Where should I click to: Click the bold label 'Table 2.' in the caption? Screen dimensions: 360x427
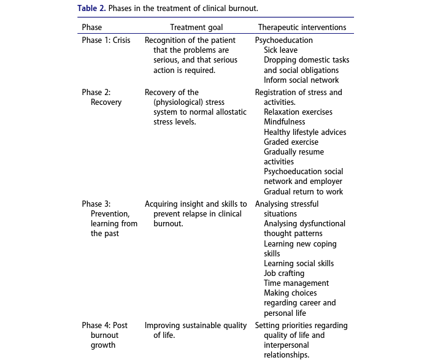pos(91,9)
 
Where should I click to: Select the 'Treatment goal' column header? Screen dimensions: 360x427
pos(196,28)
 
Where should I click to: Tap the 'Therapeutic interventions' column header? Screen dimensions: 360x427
pos(302,28)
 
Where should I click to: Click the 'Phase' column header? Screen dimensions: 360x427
pos(92,28)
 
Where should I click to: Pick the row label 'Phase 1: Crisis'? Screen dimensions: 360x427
pos(106,40)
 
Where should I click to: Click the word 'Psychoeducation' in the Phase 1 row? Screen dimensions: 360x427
pos(283,40)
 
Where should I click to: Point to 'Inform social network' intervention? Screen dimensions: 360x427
pos(301,80)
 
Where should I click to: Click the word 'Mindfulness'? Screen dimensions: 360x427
pos(284,122)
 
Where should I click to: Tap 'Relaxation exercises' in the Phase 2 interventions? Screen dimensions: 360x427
pos(298,112)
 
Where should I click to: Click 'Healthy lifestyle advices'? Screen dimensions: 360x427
pos(305,132)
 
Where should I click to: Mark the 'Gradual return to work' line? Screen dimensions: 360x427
pos(303,191)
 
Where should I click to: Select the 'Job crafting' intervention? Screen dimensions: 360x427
pos(284,274)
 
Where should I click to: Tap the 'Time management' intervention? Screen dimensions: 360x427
pos(296,283)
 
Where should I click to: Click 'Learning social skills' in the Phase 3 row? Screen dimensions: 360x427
pos(299,264)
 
